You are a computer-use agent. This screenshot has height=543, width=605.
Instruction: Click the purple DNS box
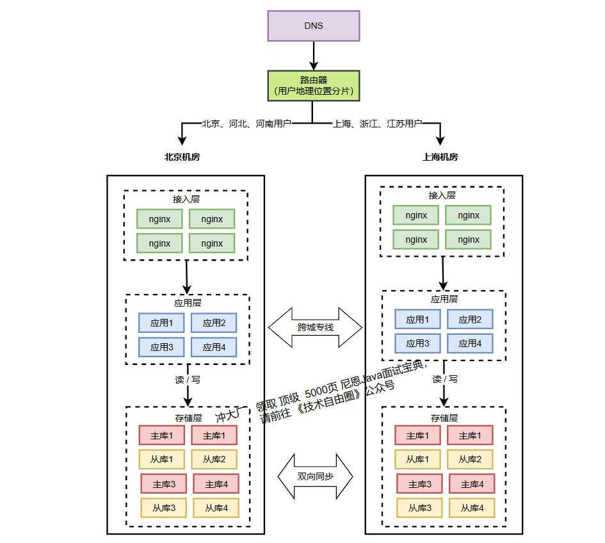click(313, 26)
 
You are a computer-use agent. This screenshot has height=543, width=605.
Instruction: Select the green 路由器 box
click(313, 85)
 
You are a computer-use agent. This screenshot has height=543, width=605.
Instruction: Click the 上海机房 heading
click(440, 157)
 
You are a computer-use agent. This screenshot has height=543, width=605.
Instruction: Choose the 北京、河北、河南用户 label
click(246, 123)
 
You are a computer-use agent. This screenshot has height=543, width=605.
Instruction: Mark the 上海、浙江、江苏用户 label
click(378, 123)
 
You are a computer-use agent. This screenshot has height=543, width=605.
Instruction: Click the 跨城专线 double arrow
click(315, 327)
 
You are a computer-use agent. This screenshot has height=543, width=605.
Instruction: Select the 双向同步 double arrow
click(315, 476)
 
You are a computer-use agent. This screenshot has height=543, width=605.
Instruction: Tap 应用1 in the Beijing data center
click(161, 323)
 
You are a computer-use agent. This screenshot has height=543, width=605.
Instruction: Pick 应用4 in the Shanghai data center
click(469, 343)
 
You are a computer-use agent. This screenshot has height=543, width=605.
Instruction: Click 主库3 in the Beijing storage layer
click(163, 483)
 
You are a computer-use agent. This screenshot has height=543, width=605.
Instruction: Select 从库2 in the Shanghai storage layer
click(469, 459)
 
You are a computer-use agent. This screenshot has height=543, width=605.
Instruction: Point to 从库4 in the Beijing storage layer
click(216, 508)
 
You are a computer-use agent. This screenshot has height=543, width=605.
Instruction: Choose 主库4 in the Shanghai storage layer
click(471, 483)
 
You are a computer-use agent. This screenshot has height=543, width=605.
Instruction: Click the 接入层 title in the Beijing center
click(186, 199)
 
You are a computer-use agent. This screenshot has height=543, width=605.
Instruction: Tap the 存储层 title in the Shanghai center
click(444, 418)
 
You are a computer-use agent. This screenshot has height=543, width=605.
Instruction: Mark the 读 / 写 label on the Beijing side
click(188, 379)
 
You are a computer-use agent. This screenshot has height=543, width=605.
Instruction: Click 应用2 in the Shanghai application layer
click(469, 319)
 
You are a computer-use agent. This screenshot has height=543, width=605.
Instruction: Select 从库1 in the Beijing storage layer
click(161, 459)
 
